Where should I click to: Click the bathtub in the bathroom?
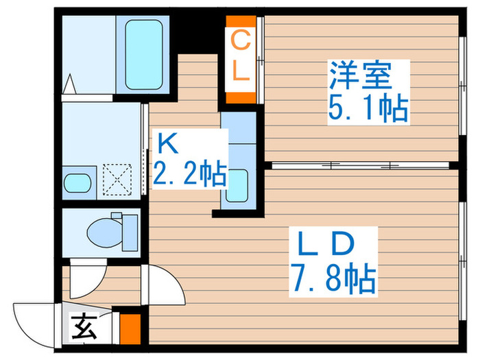[144, 53]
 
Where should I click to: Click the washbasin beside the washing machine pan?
[77, 184]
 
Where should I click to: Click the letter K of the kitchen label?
[168, 145]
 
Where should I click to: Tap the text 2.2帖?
[189, 176]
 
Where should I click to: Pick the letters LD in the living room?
[325, 243]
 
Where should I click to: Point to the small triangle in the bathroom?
[69, 86]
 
